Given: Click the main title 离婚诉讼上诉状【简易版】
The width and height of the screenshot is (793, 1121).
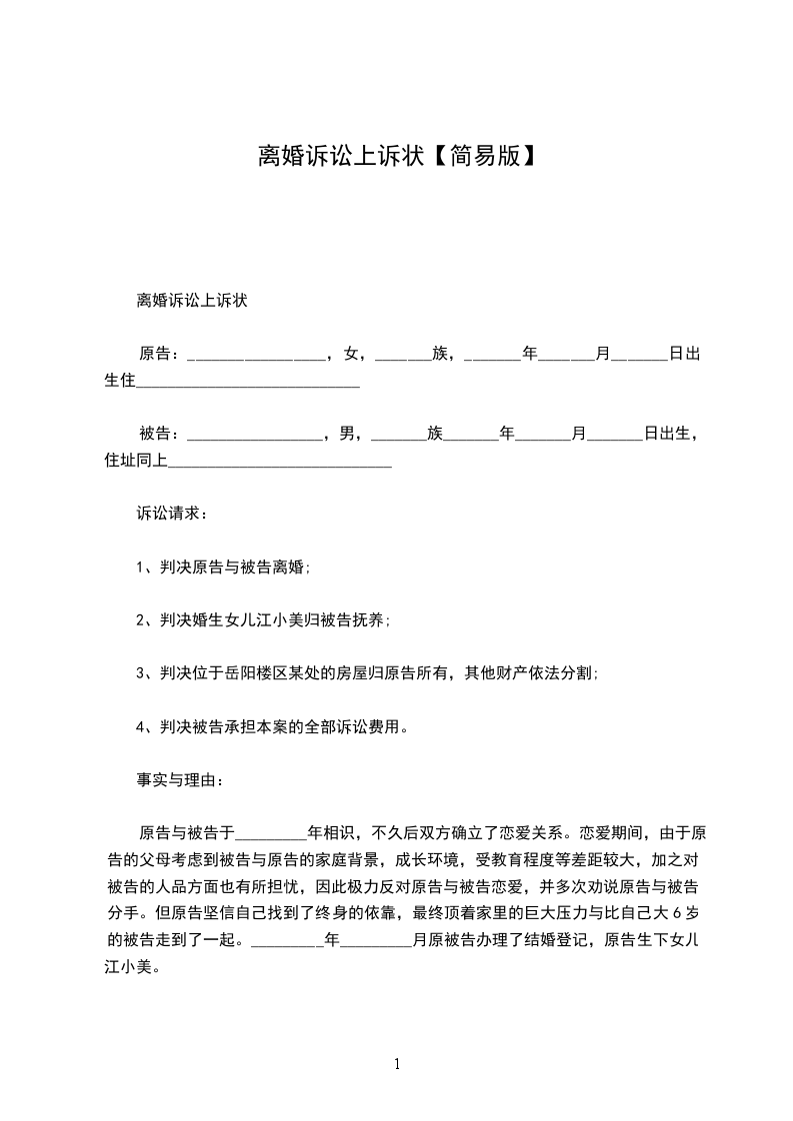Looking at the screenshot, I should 397,156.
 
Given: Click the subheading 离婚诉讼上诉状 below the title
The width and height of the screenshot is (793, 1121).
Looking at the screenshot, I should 191,300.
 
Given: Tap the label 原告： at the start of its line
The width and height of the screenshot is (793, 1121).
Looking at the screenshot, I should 160,353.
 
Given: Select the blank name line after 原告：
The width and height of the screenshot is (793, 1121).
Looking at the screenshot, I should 256,356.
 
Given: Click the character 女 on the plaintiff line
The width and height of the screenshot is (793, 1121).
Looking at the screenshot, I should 350,353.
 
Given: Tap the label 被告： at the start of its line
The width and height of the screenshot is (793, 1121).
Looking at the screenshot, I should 160,434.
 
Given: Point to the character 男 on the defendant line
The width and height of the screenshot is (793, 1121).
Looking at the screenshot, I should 348,434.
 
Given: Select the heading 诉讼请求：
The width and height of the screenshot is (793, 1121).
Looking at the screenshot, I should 172,514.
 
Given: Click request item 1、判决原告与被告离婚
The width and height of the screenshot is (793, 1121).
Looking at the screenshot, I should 223,567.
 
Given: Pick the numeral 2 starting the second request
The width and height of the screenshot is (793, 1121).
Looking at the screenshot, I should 141,620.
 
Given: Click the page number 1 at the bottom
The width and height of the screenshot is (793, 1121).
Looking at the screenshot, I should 397,1063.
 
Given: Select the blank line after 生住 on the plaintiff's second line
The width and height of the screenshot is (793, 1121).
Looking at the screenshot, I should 247,383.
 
